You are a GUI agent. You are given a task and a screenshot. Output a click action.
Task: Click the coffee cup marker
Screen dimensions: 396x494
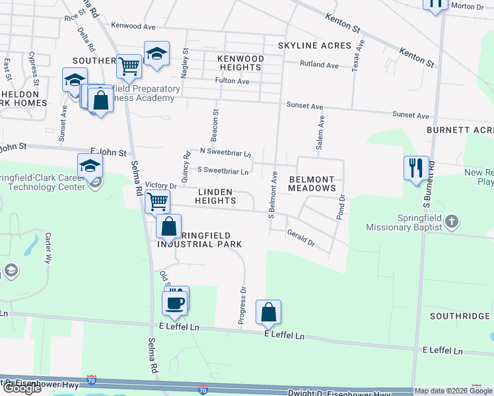click(175, 303)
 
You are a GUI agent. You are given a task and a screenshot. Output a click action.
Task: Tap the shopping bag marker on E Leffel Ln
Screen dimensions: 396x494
click(268, 312)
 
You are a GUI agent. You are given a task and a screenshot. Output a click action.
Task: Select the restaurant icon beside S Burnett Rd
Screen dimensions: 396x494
click(416, 168)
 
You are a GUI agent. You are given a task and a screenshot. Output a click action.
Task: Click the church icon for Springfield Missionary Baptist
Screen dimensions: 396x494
click(451, 221)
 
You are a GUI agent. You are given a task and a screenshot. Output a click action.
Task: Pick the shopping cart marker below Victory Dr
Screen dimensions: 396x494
click(157, 200)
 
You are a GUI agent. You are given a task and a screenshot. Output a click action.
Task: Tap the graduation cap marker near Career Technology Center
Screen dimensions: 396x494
click(90, 165)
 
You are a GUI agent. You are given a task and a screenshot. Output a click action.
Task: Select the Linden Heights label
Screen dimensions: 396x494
click(215, 196)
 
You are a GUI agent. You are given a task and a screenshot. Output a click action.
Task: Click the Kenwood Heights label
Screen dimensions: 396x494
click(240, 63)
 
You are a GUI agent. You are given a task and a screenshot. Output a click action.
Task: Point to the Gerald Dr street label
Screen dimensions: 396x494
click(300, 238)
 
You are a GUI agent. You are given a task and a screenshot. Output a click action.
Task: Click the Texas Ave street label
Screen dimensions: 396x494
click(359, 56)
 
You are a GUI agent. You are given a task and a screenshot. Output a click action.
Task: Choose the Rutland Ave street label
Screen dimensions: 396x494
click(319, 65)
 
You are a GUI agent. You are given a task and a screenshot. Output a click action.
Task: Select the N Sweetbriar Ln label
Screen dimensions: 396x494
click(220, 153)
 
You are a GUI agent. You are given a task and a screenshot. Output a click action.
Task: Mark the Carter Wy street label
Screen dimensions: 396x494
click(48, 247)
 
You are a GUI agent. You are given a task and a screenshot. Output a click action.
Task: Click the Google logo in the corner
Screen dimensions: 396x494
click(21, 388)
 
